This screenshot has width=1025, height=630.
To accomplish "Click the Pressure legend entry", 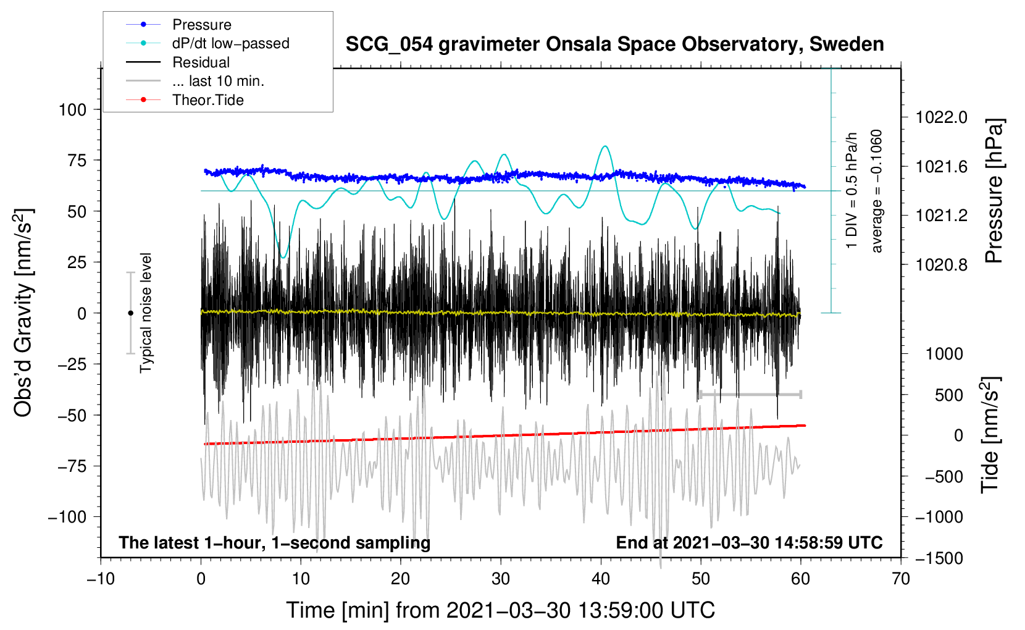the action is point(179,24).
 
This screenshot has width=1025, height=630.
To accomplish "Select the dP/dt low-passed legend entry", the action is point(207,43).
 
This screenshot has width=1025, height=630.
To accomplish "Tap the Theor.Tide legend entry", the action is point(185,100).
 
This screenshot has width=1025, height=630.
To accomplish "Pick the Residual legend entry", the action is point(178,62).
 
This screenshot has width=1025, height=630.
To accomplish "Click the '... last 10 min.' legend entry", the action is point(195,81).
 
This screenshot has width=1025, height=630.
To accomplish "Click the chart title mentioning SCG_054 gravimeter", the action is point(614,44).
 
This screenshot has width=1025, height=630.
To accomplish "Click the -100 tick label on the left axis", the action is point(67,517).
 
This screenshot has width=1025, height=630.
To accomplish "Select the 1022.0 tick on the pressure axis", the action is point(942,118).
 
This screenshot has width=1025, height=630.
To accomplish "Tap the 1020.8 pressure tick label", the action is point(942,264).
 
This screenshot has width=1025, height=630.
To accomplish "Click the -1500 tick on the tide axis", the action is point(939,558).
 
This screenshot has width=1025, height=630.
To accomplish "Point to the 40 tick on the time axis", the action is point(600,579).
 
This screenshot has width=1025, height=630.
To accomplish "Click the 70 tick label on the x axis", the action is point(900,579).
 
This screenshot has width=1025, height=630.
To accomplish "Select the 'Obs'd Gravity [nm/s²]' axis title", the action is point(23,313).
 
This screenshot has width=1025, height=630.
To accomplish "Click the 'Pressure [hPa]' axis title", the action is point(994,191).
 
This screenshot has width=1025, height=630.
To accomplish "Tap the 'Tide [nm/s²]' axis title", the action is point(990,435).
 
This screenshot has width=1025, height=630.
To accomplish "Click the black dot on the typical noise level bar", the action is point(130,313).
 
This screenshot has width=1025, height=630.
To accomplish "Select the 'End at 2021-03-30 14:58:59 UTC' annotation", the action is point(749,542).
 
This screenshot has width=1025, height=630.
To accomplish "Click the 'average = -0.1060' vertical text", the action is point(876,191).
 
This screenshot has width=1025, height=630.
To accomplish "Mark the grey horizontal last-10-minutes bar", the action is point(750,394).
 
